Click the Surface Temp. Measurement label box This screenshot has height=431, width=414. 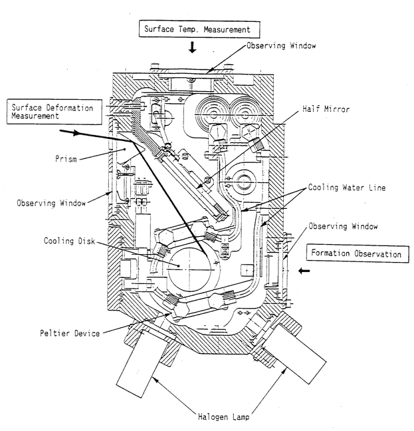point(193,29)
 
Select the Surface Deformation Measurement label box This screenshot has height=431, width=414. point(52,112)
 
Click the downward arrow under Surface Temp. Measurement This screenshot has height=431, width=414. point(193,48)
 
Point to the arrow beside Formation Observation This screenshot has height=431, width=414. point(304,271)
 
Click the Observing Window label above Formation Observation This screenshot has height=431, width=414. point(344,226)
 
